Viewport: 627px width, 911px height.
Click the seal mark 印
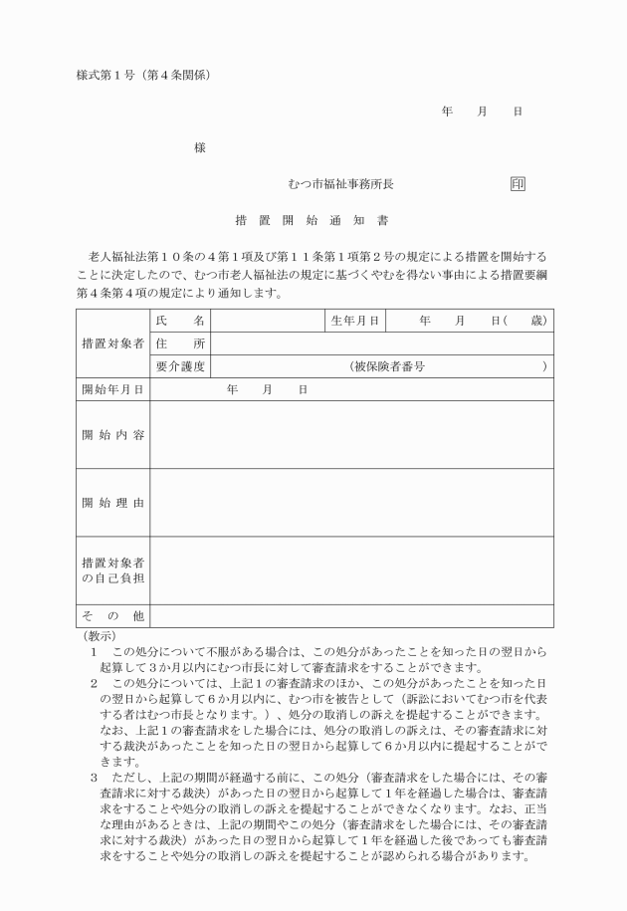click(x=518, y=184)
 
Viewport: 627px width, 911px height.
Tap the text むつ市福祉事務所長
click(x=340, y=184)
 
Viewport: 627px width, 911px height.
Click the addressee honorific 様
click(x=199, y=147)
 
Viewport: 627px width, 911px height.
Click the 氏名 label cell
click(x=179, y=321)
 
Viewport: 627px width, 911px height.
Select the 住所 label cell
click(x=179, y=343)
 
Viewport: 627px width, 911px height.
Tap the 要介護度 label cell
click(x=179, y=366)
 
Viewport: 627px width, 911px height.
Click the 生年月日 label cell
click(x=355, y=321)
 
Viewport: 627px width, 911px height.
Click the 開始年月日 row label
click(x=111, y=389)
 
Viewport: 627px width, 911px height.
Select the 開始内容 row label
click(x=111, y=434)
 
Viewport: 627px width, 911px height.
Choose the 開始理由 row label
click(x=111, y=502)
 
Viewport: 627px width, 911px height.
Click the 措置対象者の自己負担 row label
click(x=111, y=570)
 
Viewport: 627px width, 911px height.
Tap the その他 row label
click(x=111, y=615)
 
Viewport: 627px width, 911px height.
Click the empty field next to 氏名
click(x=268, y=321)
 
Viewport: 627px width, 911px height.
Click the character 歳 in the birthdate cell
click(x=538, y=321)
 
